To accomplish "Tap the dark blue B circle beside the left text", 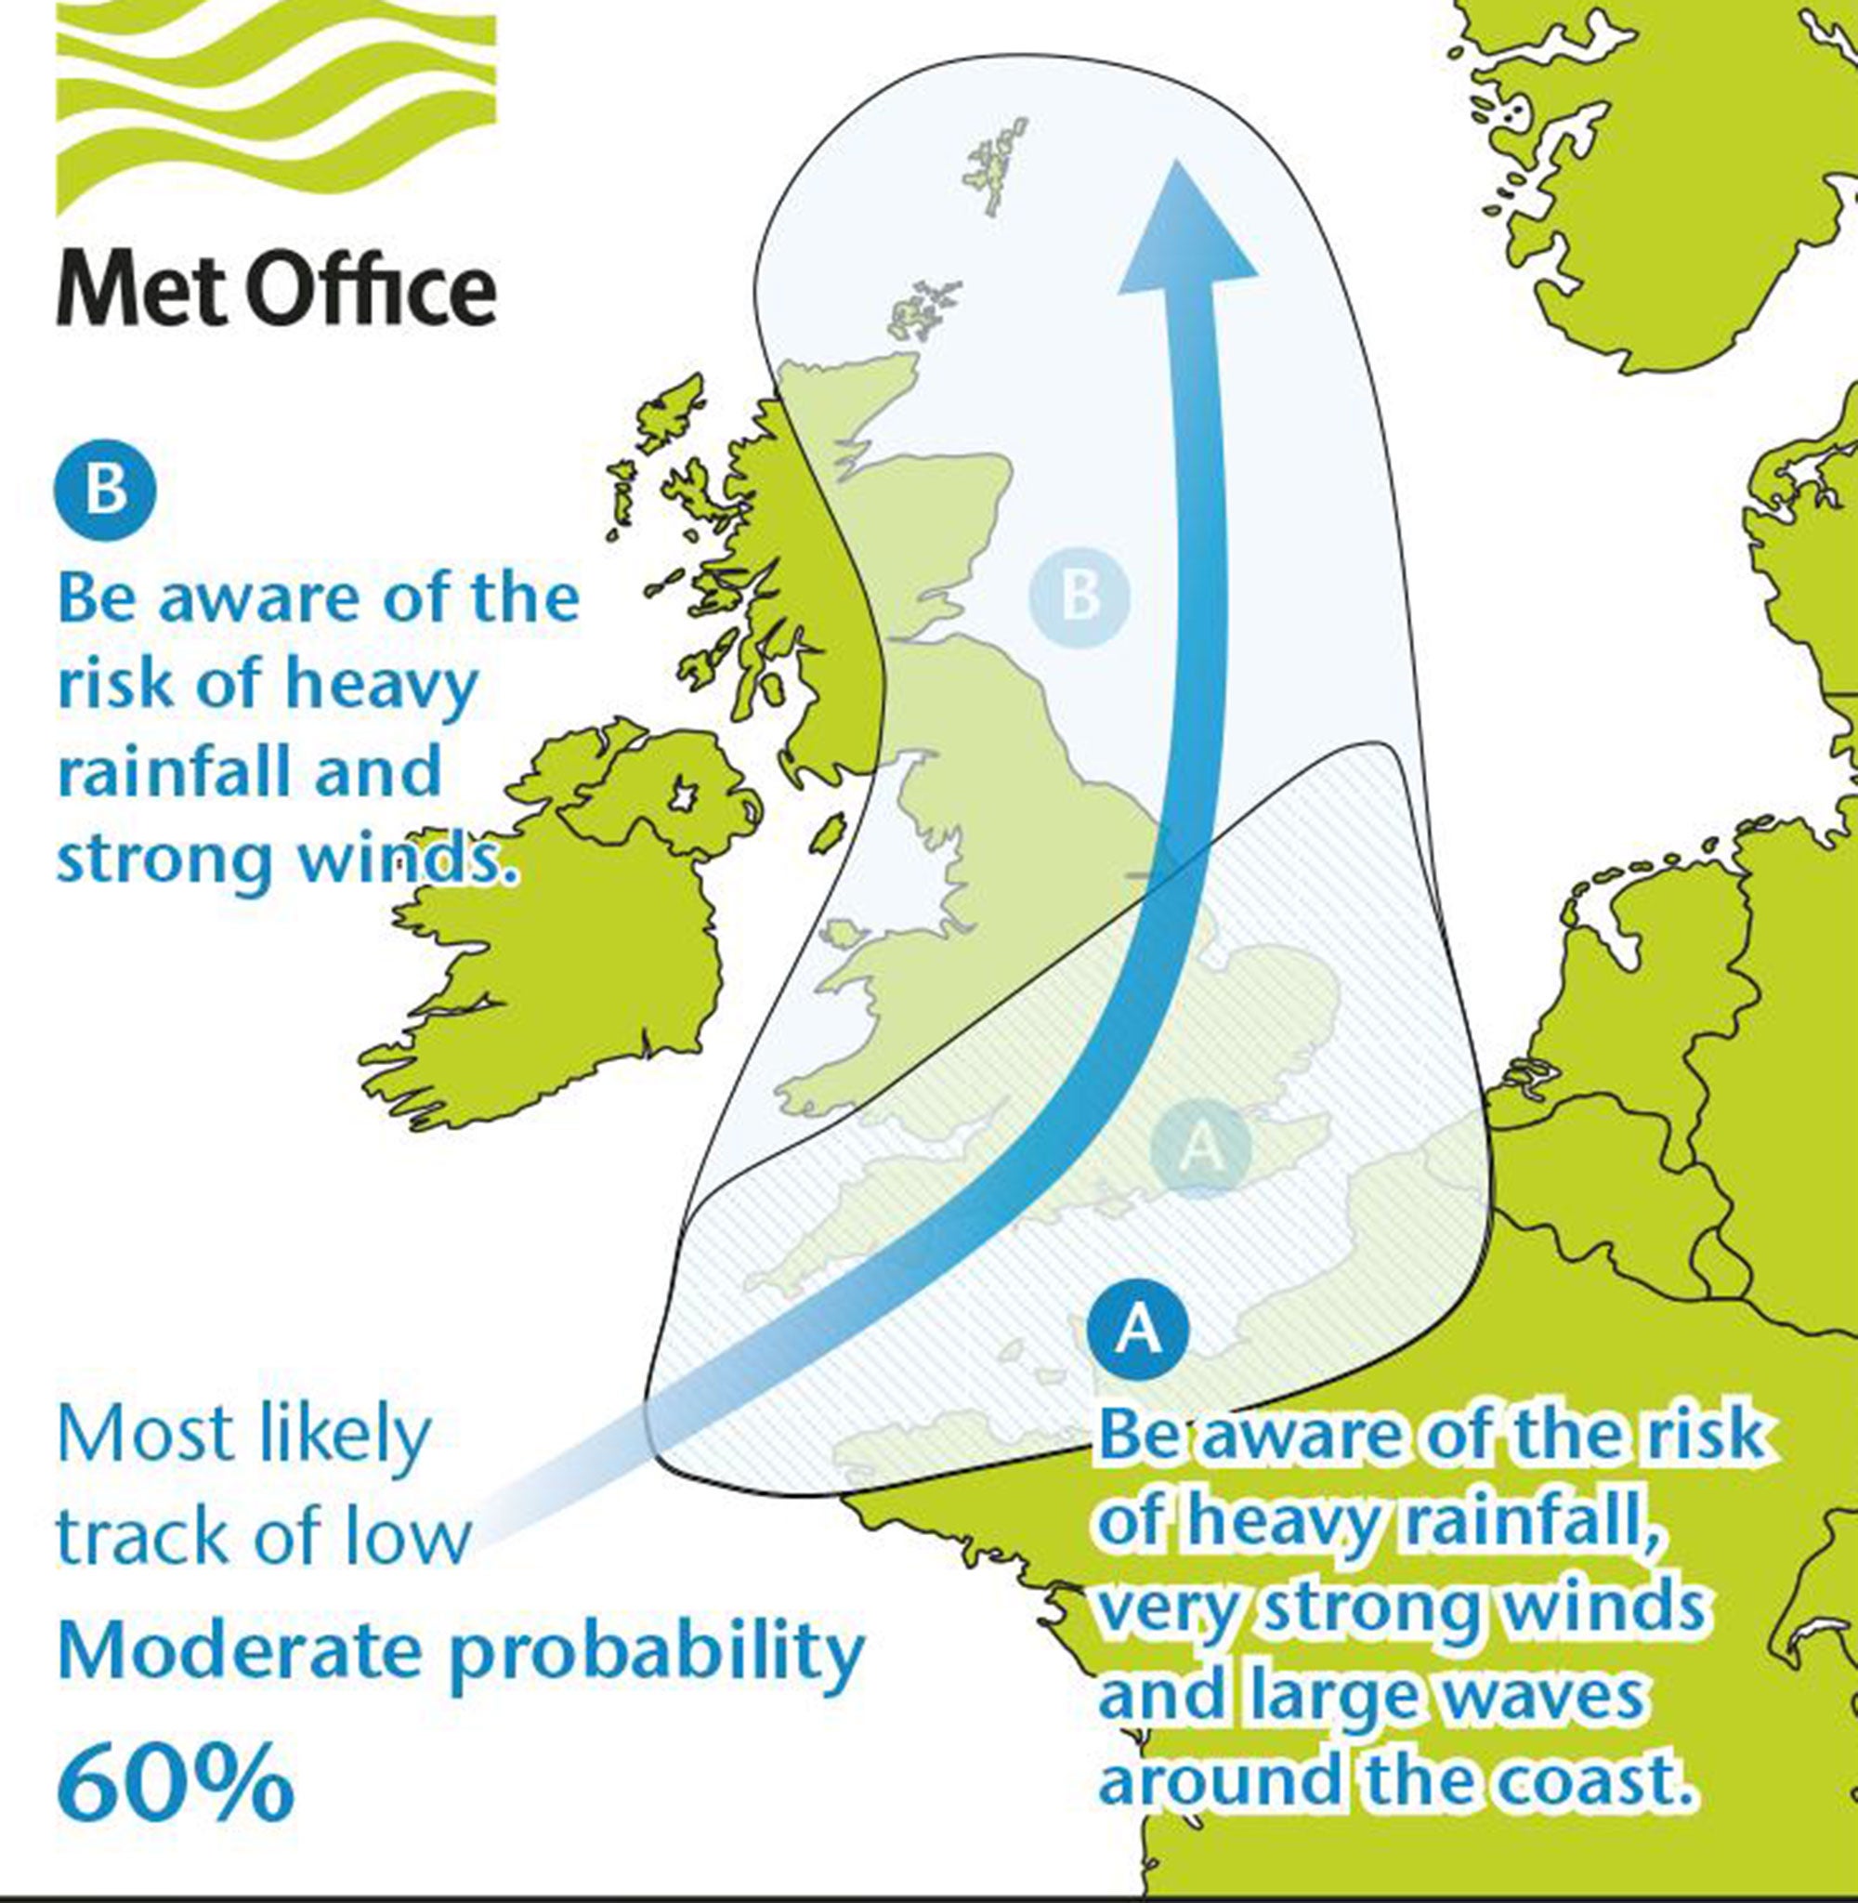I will tap(104, 489).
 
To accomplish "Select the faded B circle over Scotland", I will tap(1080, 595).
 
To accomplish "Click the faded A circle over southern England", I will tap(1199, 1148).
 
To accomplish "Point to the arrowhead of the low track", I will tap(1184, 234).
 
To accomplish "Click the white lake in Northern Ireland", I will tap(679, 798).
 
